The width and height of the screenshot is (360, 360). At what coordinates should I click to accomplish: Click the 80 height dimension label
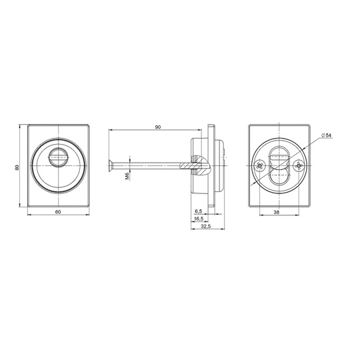point(17,167)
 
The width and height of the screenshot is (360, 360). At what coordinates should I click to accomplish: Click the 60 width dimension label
point(58,212)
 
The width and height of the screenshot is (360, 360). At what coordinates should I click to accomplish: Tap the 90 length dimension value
point(158,127)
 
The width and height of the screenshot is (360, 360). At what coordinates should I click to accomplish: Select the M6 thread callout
point(127,176)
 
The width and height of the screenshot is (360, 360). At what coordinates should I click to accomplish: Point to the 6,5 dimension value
point(199,211)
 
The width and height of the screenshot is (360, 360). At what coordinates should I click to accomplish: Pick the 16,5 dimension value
point(199,219)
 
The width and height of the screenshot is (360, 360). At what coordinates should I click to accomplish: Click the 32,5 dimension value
point(206,226)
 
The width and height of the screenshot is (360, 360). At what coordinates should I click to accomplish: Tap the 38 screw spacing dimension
point(277,213)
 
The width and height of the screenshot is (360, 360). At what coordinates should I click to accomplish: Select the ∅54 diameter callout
point(327,135)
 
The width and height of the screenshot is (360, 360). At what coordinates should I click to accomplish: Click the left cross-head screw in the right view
point(260,165)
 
